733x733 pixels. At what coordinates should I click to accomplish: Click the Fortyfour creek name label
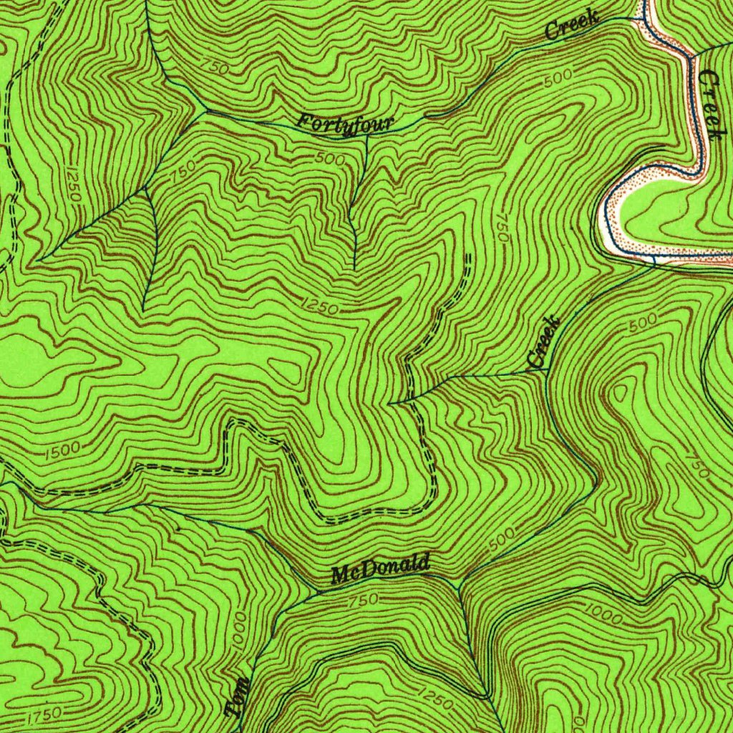pos(346,124)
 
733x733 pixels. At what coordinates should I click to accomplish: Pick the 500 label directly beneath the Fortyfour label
pos(329,159)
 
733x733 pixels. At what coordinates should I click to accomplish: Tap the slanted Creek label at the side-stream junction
pos(542,343)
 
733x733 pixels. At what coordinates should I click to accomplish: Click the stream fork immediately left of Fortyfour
pos(206,111)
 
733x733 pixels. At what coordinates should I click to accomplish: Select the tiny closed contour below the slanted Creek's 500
pos(619,390)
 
